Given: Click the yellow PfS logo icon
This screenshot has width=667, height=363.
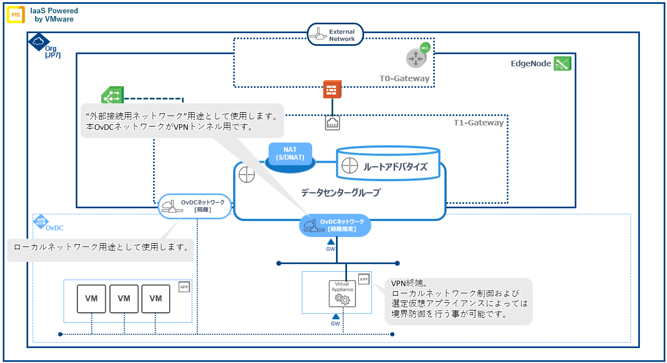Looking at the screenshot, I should tap(15, 15).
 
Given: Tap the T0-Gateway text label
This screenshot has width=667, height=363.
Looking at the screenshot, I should tap(404, 78).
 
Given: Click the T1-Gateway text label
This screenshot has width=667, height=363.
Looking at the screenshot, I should tap(478, 123).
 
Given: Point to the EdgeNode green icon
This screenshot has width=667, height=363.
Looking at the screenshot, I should tap(563, 64).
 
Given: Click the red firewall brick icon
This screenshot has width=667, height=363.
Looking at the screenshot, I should tap(332, 90).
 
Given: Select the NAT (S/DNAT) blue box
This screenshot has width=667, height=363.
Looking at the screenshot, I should tap(290, 154).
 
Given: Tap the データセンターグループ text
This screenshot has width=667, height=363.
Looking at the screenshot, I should tap(340, 193).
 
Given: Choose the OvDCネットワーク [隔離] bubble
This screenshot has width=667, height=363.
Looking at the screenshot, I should tap(193, 206).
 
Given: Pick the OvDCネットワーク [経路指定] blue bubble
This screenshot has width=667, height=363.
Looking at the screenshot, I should tap(335, 225).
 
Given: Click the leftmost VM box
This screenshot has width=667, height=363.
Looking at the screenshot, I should tap(92, 298).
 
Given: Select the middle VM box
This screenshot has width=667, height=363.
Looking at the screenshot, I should tap(124, 298).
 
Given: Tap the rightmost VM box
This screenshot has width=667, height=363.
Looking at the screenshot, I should tap(156, 298).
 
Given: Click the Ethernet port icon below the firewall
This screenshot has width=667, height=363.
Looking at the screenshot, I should tap(332, 123).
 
